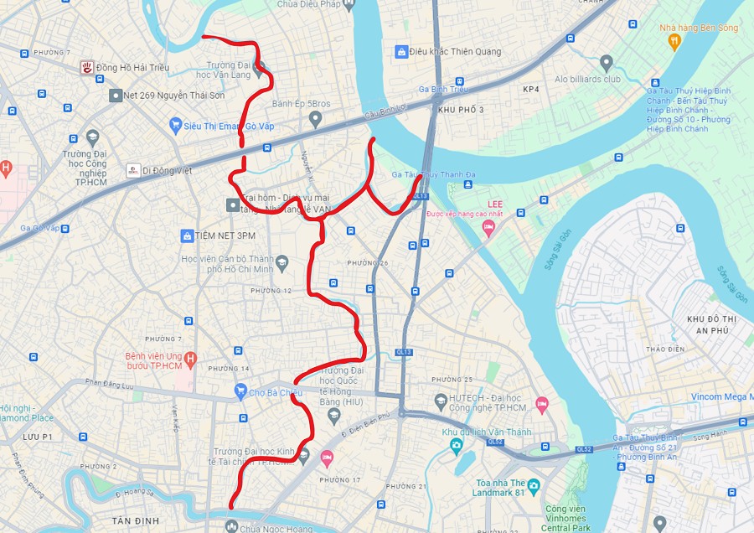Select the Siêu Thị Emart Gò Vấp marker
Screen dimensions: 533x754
click(175, 126)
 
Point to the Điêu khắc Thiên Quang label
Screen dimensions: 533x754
click(455, 52)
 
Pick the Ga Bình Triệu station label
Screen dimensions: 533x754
click(442, 90)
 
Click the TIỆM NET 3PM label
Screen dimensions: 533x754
click(222, 235)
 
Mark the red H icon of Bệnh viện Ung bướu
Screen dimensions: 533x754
click(190, 360)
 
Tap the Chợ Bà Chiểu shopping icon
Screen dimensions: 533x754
click(240, 391)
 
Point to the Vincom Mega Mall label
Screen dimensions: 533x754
click(721, 397)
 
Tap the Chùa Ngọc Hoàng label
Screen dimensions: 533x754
click(267, 528)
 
